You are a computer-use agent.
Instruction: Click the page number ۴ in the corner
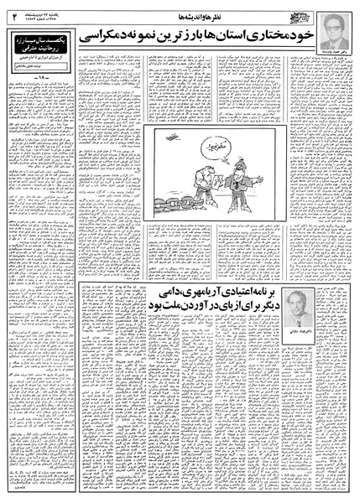point(13,12)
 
